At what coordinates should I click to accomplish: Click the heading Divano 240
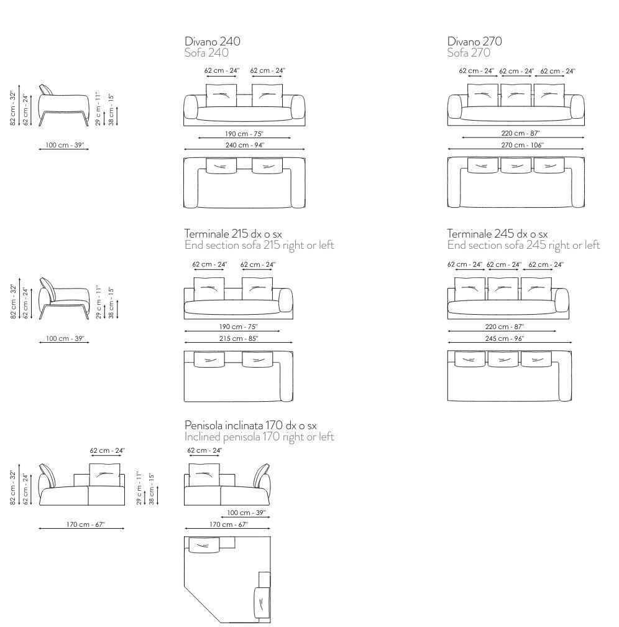tap(212, 42)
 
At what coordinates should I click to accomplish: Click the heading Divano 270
tap(474, 42)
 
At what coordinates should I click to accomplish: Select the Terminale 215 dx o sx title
tap(233, 233)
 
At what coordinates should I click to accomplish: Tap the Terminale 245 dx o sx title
tap(497, 233)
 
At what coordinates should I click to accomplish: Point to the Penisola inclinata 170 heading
tap(250, 425)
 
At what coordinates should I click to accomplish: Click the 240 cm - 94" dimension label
tap(244, 145)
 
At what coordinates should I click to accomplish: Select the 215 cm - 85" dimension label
tap(238, 338)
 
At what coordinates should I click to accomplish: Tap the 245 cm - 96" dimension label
tap(505, 338)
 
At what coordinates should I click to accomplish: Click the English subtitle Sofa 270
tap(469, 53)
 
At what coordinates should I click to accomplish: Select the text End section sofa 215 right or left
tap(259, 245)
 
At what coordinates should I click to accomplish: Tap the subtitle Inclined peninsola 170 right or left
tap(259, 437)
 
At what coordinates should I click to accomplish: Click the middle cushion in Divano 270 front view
tap(516, 95)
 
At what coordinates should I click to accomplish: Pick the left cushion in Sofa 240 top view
tap(222, 165)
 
